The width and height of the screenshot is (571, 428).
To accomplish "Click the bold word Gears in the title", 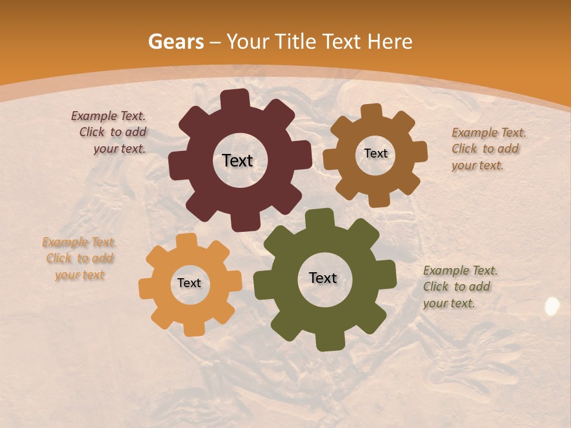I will (176, 42).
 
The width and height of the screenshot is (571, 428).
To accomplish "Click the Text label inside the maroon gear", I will (237, 160).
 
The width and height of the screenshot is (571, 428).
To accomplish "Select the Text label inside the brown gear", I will (375, 153).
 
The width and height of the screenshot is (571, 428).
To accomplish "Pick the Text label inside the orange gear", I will (189, 283).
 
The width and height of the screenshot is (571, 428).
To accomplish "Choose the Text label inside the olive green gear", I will (323, 278).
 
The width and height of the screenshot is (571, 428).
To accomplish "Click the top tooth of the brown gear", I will (372, 111).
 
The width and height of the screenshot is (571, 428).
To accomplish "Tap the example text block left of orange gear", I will (80, 258).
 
